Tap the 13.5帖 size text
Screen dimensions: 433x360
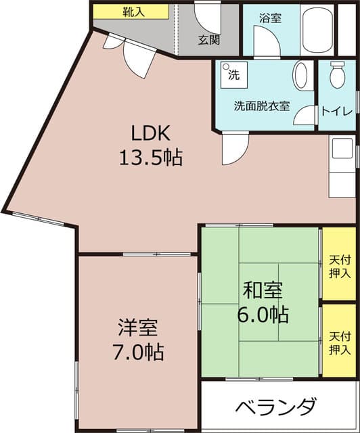coord(150,158)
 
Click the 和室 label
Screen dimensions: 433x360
coord(263,290)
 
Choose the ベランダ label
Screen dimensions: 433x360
coord(276,408)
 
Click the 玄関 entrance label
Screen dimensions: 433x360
coord(208,39)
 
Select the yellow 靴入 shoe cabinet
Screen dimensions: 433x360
coord(130,12)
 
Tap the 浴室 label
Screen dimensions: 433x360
coord(270,18)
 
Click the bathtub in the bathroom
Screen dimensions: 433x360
coord(316,30)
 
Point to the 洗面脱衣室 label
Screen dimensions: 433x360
coord(262,106)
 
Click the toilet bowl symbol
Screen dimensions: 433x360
coord(336,76)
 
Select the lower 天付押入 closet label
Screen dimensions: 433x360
coord(339,342)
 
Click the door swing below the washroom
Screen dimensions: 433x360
coord(233,148)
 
